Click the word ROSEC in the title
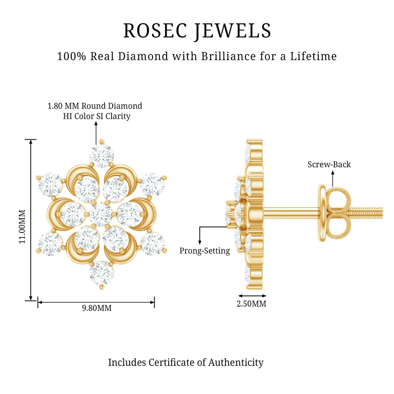tap(155, 31)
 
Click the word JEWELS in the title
tap(233, 31)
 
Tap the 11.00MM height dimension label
tap(22, 226)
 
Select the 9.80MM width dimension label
tap(97, 308)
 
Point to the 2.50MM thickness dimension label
tap(251, 304)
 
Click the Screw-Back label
tap(329, 164)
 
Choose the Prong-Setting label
tap(205, 251)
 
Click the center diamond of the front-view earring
tap(101, 214)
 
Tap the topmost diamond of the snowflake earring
tap(102, 155)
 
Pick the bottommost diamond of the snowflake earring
tap(102, 273)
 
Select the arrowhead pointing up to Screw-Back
tap(333, 173)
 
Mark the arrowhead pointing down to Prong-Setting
tap(200, 242)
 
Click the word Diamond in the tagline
tap(143, 56)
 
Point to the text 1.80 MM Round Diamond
tap(95, 106)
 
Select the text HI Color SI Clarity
tap(97, 116)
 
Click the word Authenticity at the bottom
tap(236, 363)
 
